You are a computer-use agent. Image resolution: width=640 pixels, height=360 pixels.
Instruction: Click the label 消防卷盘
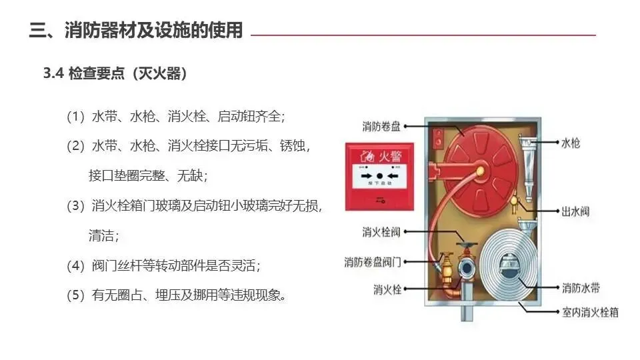(381, 125)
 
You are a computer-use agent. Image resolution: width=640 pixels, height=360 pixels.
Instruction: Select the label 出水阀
(575, 212)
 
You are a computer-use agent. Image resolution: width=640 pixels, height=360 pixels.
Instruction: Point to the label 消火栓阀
(381, 233)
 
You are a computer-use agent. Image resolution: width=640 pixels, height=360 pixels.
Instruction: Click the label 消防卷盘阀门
(373, 261)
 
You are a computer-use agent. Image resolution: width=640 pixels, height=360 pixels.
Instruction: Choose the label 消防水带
(580, 288)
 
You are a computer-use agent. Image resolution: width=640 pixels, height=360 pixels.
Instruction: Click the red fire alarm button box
(379, 176)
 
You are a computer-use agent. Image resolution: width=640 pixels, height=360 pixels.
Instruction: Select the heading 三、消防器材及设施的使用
(136, 31)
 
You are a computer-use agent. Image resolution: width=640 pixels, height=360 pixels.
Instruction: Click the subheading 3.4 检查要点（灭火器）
(115, 74)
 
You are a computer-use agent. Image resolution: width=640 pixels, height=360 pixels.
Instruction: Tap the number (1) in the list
(76, 117)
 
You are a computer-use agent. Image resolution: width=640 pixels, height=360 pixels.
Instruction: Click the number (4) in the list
(76, 265)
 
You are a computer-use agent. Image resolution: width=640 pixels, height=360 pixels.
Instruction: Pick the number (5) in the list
(76, 295)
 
